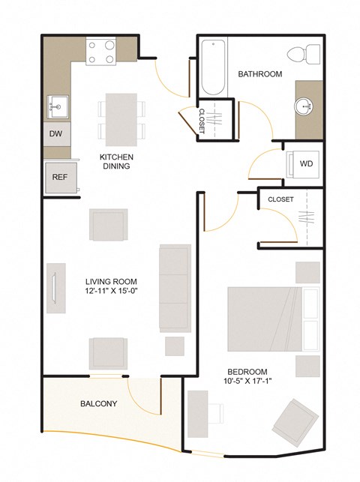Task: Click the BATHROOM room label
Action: pyautogui.click(x=259, y=74)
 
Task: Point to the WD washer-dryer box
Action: pyautogui.click(x=305, y=163)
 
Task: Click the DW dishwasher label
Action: pyautogui.click(x=55, y=134)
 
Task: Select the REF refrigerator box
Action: pyautogui.click(x=60, y=178)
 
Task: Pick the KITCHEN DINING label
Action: pyautogui.click(x=116, y=161)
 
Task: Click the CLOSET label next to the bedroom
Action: pyautogui.click(x=280, y=199)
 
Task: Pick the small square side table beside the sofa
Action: pyautogui.click(x=175, y=346)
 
